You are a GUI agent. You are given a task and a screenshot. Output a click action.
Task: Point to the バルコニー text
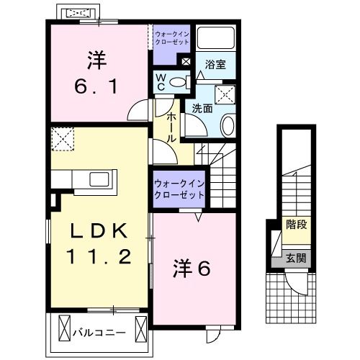(x=100, y=333)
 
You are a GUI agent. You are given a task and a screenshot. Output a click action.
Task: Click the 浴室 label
(x=215, y=63)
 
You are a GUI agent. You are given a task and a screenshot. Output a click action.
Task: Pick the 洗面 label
(x=202, y=109)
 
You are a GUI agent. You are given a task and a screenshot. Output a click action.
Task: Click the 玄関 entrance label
(x=294, y=257)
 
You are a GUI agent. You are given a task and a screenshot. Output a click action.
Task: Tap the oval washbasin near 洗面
(x=228, y=125)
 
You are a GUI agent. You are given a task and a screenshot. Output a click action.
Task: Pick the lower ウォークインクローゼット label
(x=178, y=189)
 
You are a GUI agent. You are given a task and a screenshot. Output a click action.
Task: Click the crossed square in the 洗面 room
(x=227, y=91)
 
